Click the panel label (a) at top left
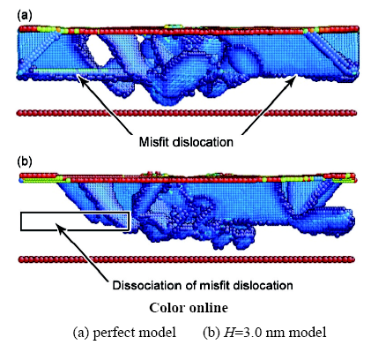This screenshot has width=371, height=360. [25, 15]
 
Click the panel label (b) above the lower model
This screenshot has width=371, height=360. [25, 161]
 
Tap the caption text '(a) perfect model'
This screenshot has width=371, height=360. [124, 333]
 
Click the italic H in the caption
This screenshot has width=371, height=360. [229, 333]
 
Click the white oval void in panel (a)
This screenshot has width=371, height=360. [99, 50]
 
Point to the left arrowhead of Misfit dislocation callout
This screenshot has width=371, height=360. [82, 79]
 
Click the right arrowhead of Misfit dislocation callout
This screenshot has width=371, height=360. [293, 79]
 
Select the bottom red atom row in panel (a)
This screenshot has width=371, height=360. [187, 113]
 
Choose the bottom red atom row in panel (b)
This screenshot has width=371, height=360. [187, 259]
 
